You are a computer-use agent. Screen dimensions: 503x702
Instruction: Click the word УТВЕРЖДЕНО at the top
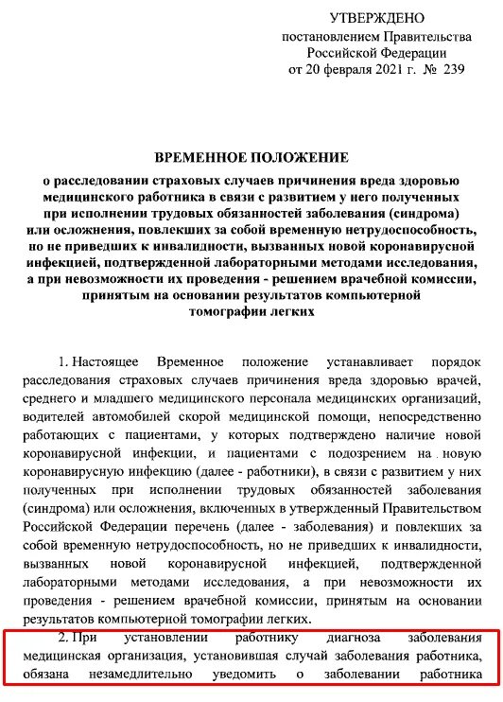(377, 18)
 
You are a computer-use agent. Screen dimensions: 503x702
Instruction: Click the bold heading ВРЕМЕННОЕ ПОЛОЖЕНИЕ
(251, 156)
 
